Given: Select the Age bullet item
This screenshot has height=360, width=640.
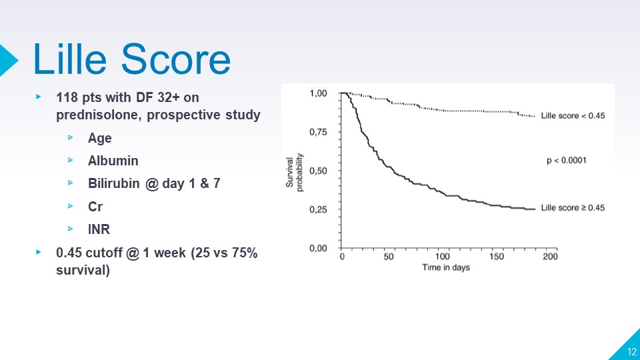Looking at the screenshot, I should coord(99,139).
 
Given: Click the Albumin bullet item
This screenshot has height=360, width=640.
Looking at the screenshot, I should coord(113,161).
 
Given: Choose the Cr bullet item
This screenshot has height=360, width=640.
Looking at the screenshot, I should coord(95,207).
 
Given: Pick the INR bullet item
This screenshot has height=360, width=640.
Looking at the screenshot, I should coord(99,229).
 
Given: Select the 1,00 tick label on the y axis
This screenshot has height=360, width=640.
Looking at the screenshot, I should coord(318,93).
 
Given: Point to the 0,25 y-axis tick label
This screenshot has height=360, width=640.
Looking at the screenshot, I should coord(318,209).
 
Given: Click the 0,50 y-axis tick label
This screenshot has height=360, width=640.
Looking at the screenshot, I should coord(318,171).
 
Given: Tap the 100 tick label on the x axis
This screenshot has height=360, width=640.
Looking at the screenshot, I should coord(442,257).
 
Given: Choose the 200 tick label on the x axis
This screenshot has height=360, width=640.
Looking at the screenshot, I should coord(549,257).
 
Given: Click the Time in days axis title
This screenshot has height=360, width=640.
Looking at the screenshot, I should coord(445,268).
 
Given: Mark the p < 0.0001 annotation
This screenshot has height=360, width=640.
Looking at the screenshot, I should coord(566,161).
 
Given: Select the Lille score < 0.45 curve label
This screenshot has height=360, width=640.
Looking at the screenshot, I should coord(573,115).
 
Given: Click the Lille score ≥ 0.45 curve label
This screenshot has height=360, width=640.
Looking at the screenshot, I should coord(573,208).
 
